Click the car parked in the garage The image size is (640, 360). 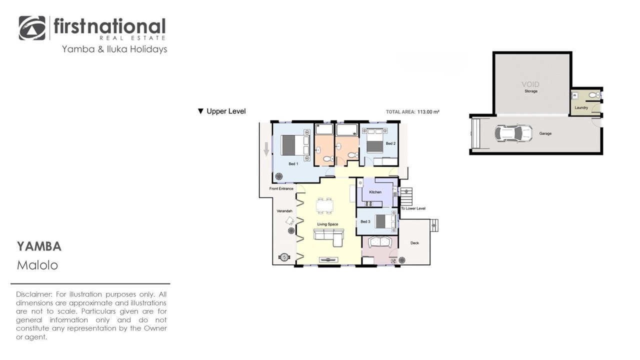point(513,133)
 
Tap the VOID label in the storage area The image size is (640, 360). point(530,84)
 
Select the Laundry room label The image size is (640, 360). point(581,107)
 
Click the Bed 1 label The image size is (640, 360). point(293,163)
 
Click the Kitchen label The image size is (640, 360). point(375,192)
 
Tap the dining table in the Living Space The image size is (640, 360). point(324,205)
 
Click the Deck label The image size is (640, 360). point(414,243)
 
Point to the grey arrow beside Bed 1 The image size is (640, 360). point(266,149)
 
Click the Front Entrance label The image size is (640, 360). point(281,188)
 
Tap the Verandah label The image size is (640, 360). point(284,211)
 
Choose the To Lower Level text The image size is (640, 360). point(413,208)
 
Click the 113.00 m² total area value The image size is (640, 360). point(428,111)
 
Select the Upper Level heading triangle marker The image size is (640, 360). point(200,111)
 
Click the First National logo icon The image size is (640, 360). point(32,28)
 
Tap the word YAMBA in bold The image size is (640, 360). point(39,246)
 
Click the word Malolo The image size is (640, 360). point(37,265)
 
